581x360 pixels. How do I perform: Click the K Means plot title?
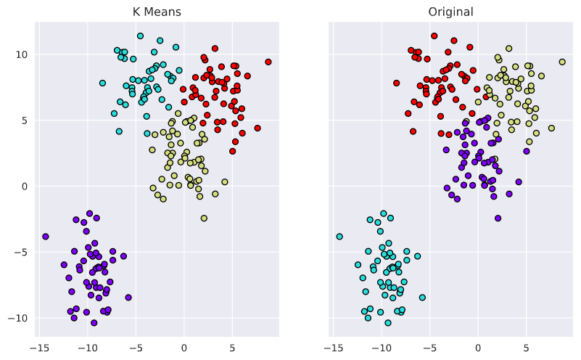pyautogui.click(x=156, y=12)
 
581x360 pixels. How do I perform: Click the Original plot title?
pyautogui.click(x=450, y=12)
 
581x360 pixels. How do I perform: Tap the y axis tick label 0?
pyautogui.click(x=23, y=187)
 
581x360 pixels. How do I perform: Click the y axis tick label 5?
pyautogui.click(x=23, y=120)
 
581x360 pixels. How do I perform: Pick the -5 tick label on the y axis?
pyautogui.click(x=20, y=253)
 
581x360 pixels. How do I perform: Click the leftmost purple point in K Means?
pyautogui.click(x=46, y=237)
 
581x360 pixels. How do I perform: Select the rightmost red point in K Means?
pyautogui.click(x=268, y=62)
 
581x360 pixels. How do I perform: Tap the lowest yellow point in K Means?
pyautogui.click(x=204, y=218)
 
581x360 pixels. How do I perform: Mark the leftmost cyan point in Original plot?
pyautogui.click(x=339, y=237)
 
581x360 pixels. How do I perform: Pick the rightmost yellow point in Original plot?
pyautogui.click(x=562, y=62)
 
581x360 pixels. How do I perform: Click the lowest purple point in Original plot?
pyautogui.click(x=498, y=218)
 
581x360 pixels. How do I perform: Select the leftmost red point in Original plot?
pyautogui.click(x=396, y=83)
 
